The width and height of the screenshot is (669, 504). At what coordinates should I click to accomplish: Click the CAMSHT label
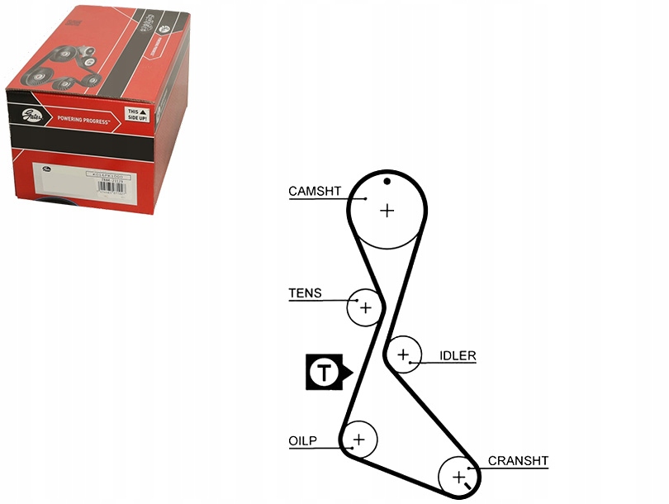tap(315, 191)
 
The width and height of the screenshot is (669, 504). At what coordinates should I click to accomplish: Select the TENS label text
tap(305, 293)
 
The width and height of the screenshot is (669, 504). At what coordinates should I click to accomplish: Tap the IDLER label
tap(458, 356)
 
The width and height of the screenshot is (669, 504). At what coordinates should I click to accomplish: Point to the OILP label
tap(303, 440)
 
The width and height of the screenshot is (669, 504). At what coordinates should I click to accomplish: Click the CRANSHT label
tap(518, 461)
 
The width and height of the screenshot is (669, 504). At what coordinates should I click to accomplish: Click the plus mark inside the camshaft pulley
tap(387, 211)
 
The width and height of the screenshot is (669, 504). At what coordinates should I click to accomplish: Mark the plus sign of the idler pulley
tap(403, 355)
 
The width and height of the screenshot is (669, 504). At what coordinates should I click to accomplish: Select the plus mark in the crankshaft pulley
tap(458, 476)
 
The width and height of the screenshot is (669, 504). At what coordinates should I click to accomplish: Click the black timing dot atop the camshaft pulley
tap(387, 181)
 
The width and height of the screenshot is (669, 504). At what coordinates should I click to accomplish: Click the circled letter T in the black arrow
tap(324, 373)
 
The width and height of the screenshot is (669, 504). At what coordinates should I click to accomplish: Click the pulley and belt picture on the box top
tap(62, 70)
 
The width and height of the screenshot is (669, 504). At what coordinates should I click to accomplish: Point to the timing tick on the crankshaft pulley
tap(467, 494)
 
